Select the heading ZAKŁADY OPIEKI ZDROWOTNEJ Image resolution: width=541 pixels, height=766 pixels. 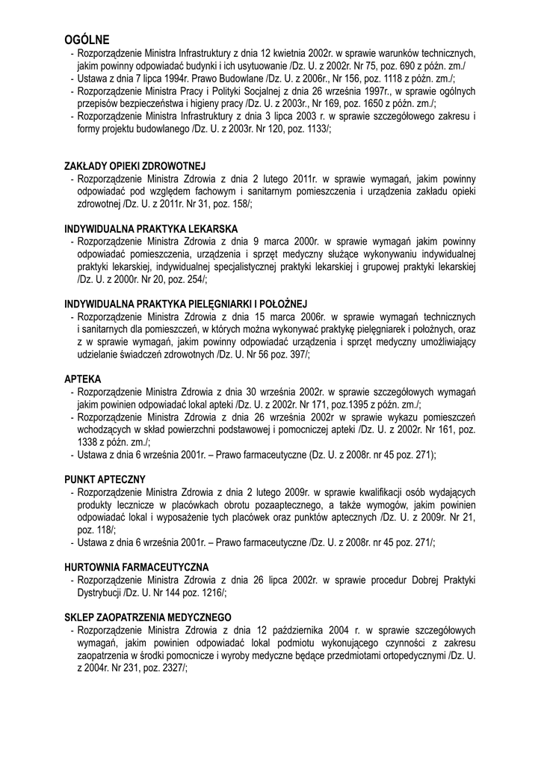click(135, 165)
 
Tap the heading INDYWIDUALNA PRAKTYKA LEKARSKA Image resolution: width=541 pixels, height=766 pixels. click(151, 227)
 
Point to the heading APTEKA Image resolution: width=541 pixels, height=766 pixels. click(83, 379)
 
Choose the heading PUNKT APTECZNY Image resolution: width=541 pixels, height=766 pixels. click(105, 479)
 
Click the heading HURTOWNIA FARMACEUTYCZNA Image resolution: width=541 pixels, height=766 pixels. click(137, 567)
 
